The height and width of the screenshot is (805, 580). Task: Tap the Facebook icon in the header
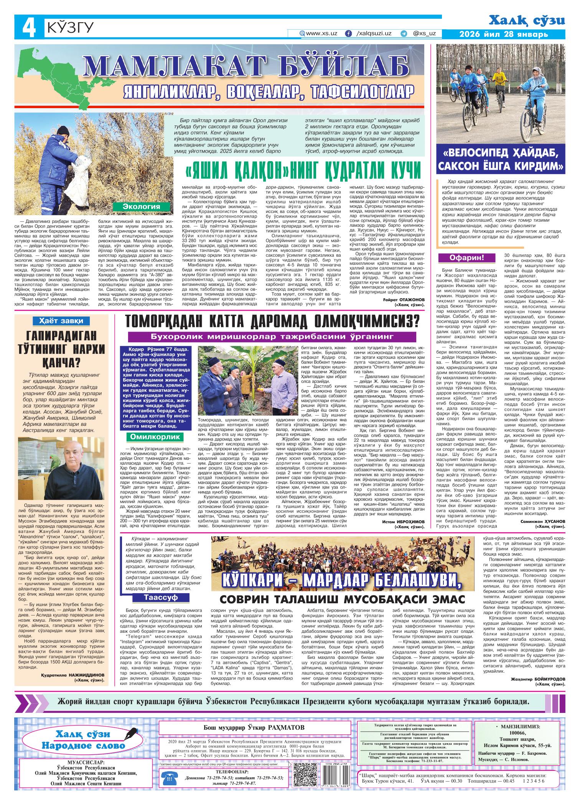click(348, 33)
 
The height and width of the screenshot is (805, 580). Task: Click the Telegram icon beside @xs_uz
click(403, 33)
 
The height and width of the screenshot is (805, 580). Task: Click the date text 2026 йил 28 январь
click(504, 35)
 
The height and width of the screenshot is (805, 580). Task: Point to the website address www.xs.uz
click(321, 33)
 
